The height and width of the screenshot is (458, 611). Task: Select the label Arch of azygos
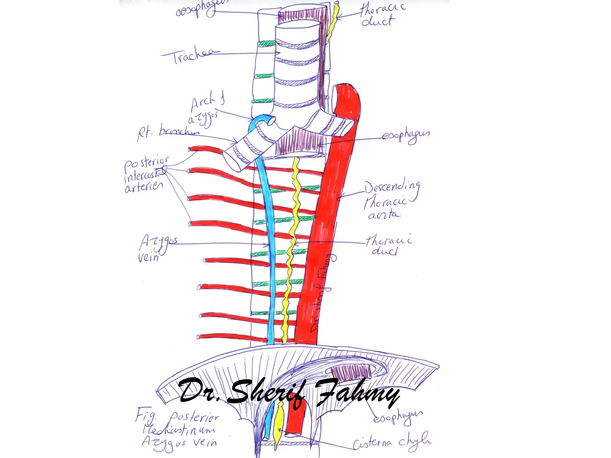(206, 110)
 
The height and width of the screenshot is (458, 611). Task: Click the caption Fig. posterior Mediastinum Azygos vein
(179, 429)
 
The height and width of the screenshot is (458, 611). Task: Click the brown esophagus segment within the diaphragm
(352, 373)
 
